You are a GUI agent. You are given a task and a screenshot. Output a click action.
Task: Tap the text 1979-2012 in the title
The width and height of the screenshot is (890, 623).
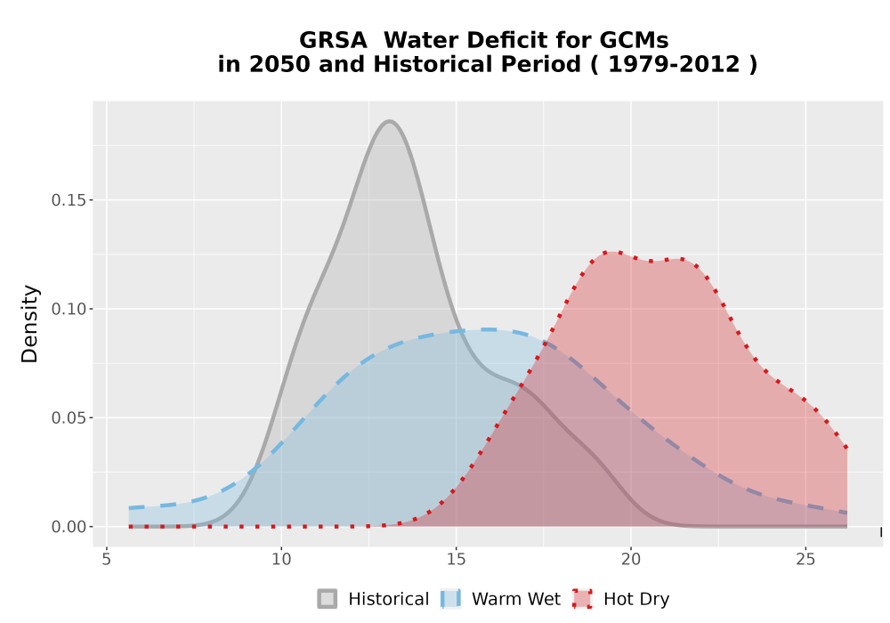(675, 64)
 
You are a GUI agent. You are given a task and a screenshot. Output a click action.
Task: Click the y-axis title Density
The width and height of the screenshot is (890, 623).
(29, 324)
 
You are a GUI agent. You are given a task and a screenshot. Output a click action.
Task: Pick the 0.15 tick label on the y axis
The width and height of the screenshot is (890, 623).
(69, 200)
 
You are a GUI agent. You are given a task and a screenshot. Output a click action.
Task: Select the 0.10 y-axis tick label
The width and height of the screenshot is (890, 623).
(69, 309)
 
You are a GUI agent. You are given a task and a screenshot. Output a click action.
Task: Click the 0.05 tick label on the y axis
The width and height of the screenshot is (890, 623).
(69, 418)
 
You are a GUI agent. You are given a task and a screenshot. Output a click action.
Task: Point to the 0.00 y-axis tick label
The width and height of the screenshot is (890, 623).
(69, 527)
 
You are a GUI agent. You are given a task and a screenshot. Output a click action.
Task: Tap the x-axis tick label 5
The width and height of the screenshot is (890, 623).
(106, 560)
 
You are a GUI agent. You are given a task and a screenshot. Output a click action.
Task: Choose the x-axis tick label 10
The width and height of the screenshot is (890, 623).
(281, 560)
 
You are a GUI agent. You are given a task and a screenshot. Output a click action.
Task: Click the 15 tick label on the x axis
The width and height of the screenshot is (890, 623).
(456, 560)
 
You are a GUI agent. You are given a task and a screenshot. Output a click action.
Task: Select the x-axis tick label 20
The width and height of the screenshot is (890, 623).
(631, 560)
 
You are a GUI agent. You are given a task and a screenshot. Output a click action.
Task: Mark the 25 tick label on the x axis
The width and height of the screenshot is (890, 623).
(805, 560)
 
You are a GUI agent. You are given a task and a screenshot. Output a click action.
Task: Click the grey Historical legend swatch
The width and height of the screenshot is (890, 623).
(327, 599)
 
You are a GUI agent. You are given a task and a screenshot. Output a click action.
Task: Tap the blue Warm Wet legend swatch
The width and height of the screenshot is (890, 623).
(450, 599)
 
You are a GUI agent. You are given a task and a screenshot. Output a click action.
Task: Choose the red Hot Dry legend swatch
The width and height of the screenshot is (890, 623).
(582, 599)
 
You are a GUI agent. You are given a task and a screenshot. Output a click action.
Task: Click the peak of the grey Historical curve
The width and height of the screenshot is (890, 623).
(390, 121)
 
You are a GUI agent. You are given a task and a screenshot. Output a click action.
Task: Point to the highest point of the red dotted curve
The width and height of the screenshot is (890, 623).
(612, 252)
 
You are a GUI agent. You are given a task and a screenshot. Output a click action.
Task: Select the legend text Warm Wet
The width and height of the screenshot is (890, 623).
(516, 599)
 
